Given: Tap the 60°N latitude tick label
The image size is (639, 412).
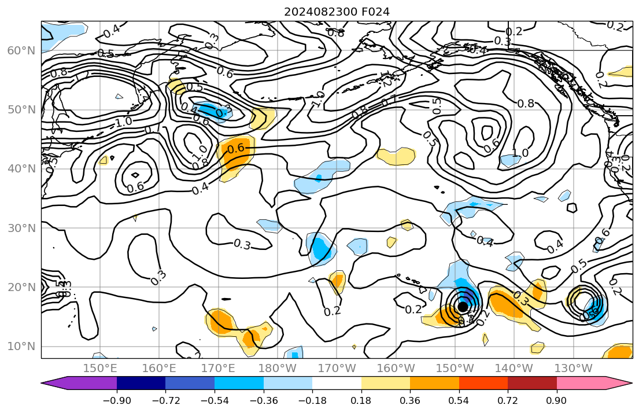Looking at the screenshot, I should coord(21,51).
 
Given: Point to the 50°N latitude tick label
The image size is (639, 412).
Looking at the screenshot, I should coord(21,110).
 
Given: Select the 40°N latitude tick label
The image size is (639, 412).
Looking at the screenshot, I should coord(21,169).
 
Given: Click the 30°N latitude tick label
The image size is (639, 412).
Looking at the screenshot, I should coord(21,228).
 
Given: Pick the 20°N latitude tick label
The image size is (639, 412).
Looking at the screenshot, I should coord(21,288).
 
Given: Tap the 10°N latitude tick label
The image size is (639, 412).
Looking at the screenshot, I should coord(21,347).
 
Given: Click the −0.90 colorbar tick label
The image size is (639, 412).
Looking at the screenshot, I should coord(117,400).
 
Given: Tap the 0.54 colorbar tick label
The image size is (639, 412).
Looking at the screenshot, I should coord(459,400).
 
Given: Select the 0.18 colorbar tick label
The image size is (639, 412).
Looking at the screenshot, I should coord(361,400).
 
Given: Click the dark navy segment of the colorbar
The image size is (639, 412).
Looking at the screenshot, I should coord(141,383).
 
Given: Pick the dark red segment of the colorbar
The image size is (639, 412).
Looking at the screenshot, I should coord(532,383).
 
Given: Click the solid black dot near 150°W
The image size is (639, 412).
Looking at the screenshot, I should coord(463,307).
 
